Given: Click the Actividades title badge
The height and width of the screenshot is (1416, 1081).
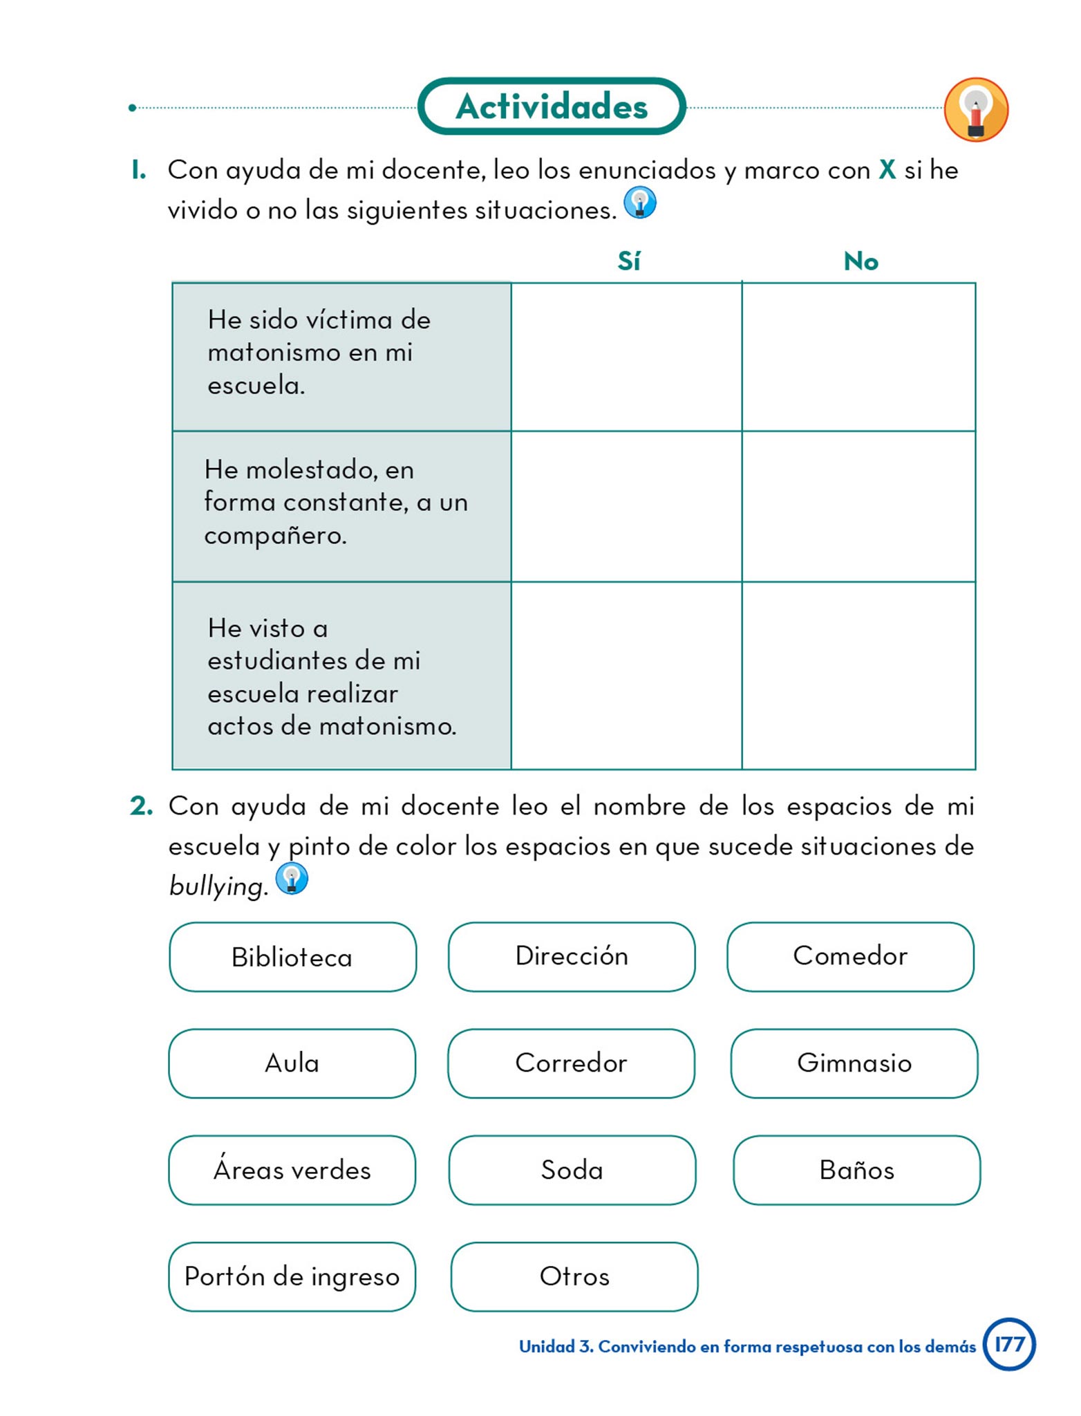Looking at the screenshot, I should (x=552, y=106).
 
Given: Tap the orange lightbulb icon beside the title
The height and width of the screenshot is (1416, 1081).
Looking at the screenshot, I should (x=975, y=109).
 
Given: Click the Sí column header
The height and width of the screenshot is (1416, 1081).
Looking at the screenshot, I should (x=628, y=261).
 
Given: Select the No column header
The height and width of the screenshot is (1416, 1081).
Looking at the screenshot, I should (x=861, y=261).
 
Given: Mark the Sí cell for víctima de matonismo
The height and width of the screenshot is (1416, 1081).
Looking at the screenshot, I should (x=626, y=357).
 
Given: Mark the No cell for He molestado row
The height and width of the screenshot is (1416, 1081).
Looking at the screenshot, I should (x=858, y=506).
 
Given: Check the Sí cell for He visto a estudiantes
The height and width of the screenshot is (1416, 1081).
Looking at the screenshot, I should (x=626, y=676).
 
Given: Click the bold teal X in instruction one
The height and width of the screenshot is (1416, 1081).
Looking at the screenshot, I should (x=887, y=170).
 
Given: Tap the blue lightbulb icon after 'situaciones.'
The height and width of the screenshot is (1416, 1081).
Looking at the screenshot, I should (x=640, y=203).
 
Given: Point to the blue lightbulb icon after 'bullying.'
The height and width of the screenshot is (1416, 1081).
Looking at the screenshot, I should (x=292, y=879).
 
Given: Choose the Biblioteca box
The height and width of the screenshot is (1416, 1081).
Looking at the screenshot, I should (x=292, y=957).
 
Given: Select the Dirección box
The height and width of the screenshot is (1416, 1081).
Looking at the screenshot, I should (x=572, y=956).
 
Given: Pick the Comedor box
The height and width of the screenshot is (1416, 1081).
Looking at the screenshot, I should (x=850, y=956).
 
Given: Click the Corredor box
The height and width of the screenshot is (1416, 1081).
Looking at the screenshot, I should (x=571, y=1063).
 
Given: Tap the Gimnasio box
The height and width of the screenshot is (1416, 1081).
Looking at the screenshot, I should (x=854, y=1063).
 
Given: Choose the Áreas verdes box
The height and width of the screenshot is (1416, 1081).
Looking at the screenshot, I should (x=292, y=1170).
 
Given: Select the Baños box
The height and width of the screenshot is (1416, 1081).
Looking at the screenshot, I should (x=856, y=1170).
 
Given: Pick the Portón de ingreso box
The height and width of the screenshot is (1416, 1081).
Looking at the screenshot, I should (x=292, y=1276).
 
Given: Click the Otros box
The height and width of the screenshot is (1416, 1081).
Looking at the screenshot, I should (x=574, y=1276).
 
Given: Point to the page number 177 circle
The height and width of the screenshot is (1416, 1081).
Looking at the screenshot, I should (x=1008, y=1344).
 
